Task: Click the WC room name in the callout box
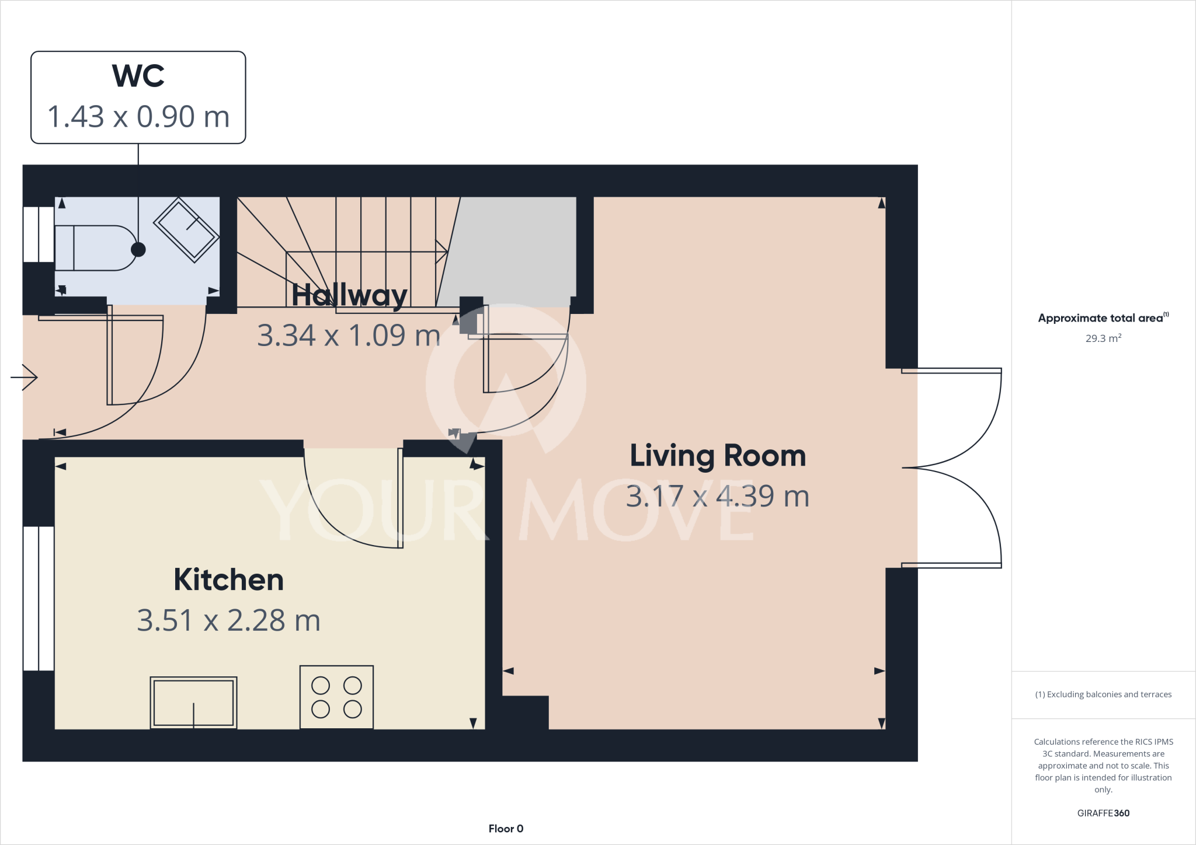coord(138,76)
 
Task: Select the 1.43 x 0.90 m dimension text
coord(138,117)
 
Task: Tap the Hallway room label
coord(349,295)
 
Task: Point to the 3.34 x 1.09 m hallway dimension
coord(349,336)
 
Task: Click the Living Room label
coord(718,456)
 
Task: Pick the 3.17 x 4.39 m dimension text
coord(718,497)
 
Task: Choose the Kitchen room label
coord(228,579)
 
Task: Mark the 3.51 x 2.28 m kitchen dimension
coord(228,620)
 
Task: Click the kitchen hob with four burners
coord(336,697)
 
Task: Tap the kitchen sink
coord(193,703)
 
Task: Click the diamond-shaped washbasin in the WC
coord(186,229)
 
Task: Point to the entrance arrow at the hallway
coord(24,378)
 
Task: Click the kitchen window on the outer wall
coord(39,598)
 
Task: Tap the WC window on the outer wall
coord(39,234)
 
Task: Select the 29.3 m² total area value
coord(1103,338)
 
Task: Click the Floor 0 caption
coord(506,829)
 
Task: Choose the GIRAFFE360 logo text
coord(1103,813)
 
